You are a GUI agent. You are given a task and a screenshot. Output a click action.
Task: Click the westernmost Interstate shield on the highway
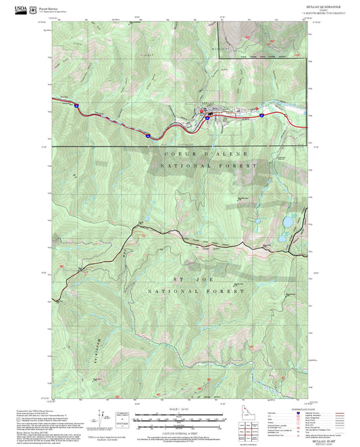pyautogui.click(x=77, y=106)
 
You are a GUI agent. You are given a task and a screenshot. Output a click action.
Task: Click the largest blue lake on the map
pyautogui.click(x=288, y=221)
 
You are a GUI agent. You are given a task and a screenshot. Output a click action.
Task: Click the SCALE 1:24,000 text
pyautogui.click(x=180, y=407)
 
